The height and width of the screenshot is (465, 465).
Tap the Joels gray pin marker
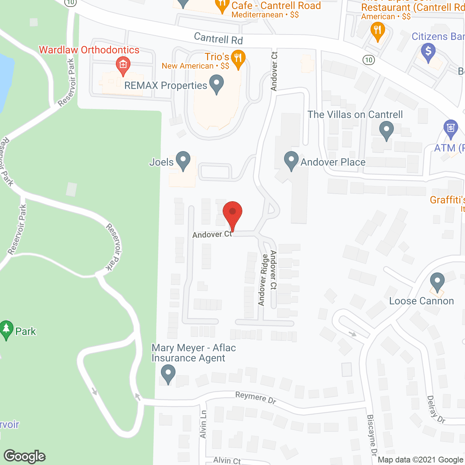(x=183, y=161)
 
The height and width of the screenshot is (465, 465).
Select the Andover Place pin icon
(x=291, y=161)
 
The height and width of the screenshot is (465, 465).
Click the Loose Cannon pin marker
(x=437, y=282)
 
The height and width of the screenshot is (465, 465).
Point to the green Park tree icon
(x=6, y=330)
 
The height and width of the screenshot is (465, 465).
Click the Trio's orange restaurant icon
(x=238, y=59)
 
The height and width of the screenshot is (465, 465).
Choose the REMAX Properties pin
(x=217, y=84)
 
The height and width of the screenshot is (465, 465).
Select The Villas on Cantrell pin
(x=386, y=130)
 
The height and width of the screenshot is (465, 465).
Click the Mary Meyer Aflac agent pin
(x=168, y=374)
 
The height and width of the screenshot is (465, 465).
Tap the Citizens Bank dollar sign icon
(x=428, y=52)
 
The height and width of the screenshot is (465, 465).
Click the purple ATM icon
(x=450, y=129)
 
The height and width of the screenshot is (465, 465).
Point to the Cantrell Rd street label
(x=218, y=38)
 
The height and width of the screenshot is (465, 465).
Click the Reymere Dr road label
(x=255, y=397)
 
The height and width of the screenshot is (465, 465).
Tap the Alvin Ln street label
(x=203, y=424)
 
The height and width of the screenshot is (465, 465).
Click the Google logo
(x=25, y=456)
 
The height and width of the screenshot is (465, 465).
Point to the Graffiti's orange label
(x=447, y=200)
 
